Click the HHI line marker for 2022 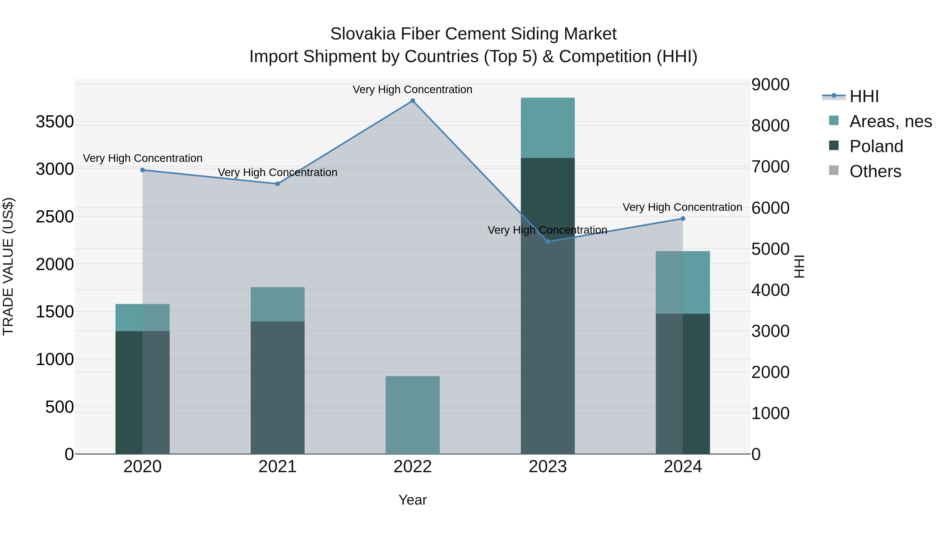click(412, 101)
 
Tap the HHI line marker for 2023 click(548, 242)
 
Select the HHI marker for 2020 click(143, 170)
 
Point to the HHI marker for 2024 click(683, 218)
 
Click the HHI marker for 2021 click(278, 184)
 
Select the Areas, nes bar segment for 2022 click(412, 415)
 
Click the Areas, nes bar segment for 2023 click(548, 128)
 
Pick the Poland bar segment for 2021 click(278, 387)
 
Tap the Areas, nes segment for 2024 click(683, 282)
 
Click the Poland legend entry click(876, 146)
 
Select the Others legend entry click(875, 171)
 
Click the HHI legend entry click(864, 96)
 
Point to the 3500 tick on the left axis click(55, 122)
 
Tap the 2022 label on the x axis click(412, 467)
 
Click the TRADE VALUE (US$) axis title click(8, 266)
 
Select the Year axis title click(412, 500)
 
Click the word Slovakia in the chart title click(362, 34)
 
